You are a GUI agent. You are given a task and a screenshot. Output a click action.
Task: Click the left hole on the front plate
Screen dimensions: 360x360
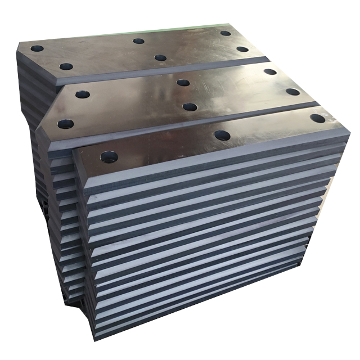[109, 156]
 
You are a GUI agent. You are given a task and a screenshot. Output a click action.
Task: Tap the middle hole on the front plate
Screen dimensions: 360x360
[222, 136]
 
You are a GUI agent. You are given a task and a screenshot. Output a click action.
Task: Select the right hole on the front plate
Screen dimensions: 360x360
[317, 119]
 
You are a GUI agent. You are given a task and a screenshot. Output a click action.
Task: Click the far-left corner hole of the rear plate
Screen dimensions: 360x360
[37, 48]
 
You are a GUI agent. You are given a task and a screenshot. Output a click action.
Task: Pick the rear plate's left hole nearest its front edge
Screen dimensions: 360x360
[66, 66]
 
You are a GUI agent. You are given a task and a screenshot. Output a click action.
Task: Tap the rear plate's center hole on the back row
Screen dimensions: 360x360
[138, 40]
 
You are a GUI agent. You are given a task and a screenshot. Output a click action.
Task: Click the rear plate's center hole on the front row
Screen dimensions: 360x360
[160, 57]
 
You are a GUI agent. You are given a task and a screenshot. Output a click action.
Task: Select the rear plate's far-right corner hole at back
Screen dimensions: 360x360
[225, 33]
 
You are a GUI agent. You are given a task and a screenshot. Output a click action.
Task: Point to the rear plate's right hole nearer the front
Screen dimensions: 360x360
[242, 49]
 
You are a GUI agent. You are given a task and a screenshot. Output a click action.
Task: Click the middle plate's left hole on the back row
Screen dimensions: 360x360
[83, 94]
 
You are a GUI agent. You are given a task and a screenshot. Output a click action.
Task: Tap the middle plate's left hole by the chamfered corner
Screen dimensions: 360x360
[65, 123]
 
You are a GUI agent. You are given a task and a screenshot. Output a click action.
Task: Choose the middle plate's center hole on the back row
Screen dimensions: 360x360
[183, 83]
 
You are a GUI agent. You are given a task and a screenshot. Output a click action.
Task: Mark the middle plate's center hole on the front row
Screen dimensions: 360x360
[190, 107]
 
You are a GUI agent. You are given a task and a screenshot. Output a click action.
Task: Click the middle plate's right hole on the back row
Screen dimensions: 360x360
[270, 71]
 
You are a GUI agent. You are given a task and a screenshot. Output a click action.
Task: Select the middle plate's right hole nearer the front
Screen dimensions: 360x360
[292, 92]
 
